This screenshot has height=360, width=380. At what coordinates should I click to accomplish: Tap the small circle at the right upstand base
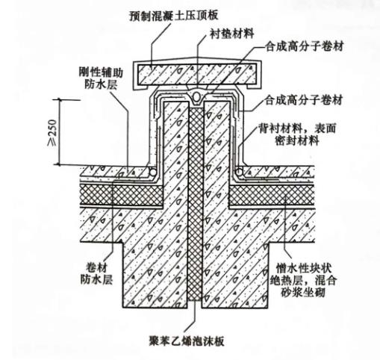pyautogui.click(x=238, y=173)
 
